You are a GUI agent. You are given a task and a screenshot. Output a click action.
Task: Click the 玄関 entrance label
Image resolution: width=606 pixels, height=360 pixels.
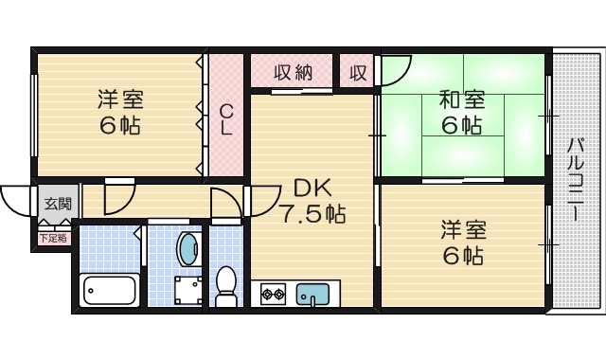(57, 203)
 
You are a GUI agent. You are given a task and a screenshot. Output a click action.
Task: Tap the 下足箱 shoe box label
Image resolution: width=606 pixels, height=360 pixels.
(53, 239)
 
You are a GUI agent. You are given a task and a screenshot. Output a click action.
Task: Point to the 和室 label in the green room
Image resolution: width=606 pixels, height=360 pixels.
(461, 99)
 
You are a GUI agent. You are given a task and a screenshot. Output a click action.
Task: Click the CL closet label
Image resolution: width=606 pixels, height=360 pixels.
(227, 117)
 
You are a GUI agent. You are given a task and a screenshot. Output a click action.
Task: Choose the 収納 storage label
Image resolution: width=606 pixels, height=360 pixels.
(293, 72)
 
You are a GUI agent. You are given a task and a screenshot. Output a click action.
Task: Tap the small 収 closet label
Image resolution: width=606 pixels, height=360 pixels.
(357, 72)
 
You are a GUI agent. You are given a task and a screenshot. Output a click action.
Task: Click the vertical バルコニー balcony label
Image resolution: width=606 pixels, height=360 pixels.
(576, 180)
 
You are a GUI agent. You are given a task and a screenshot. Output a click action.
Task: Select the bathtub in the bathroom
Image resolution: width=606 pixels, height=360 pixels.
(112, 288)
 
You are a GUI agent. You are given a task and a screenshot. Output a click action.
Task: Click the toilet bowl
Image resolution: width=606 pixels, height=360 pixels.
(226, 283)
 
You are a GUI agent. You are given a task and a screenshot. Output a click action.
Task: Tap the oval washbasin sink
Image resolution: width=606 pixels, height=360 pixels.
(188, 249)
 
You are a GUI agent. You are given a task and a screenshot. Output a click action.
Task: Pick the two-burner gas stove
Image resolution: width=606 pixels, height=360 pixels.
(274, 294)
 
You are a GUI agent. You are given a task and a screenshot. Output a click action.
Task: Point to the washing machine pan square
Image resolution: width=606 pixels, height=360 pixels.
(187, 291)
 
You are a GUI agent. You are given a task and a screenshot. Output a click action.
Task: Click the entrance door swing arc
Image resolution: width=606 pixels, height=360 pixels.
(16, 196)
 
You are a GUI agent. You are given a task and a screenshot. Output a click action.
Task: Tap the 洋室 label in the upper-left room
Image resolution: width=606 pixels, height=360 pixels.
(121, 98)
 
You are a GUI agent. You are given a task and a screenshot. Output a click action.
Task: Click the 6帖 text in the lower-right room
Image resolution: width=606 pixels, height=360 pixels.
(461, 255)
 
